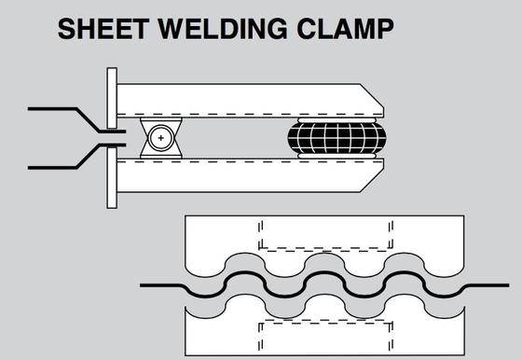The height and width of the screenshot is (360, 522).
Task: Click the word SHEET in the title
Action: pos(103,29)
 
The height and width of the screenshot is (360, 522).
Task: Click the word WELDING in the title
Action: pos(223,29)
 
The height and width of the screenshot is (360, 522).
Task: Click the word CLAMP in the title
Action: pos(345,29)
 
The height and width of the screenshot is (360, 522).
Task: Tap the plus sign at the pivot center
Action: pos(161,138)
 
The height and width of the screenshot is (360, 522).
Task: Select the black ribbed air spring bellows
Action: pos(337,137)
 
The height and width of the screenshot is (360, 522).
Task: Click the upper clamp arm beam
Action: pos(250,100)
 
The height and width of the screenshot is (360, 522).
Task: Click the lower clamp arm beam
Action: pos(250,175)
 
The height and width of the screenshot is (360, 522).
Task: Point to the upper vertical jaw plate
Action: pos(112,98)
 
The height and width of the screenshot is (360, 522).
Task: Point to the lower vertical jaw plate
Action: pos(112,178)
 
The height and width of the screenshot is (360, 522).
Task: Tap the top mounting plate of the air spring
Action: pos(337,120)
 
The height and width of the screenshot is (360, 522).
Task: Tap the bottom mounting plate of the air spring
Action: pos(337,156)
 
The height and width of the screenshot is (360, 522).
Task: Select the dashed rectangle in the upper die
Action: pos(325,234)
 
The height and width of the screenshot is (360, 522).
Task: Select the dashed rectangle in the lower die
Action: pos(325,336)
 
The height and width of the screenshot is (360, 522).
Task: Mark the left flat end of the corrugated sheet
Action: pos(161,285)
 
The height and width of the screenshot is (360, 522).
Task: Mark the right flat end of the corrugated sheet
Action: pos(488,285)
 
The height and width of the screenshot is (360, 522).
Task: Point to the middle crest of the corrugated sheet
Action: pos(324,272)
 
